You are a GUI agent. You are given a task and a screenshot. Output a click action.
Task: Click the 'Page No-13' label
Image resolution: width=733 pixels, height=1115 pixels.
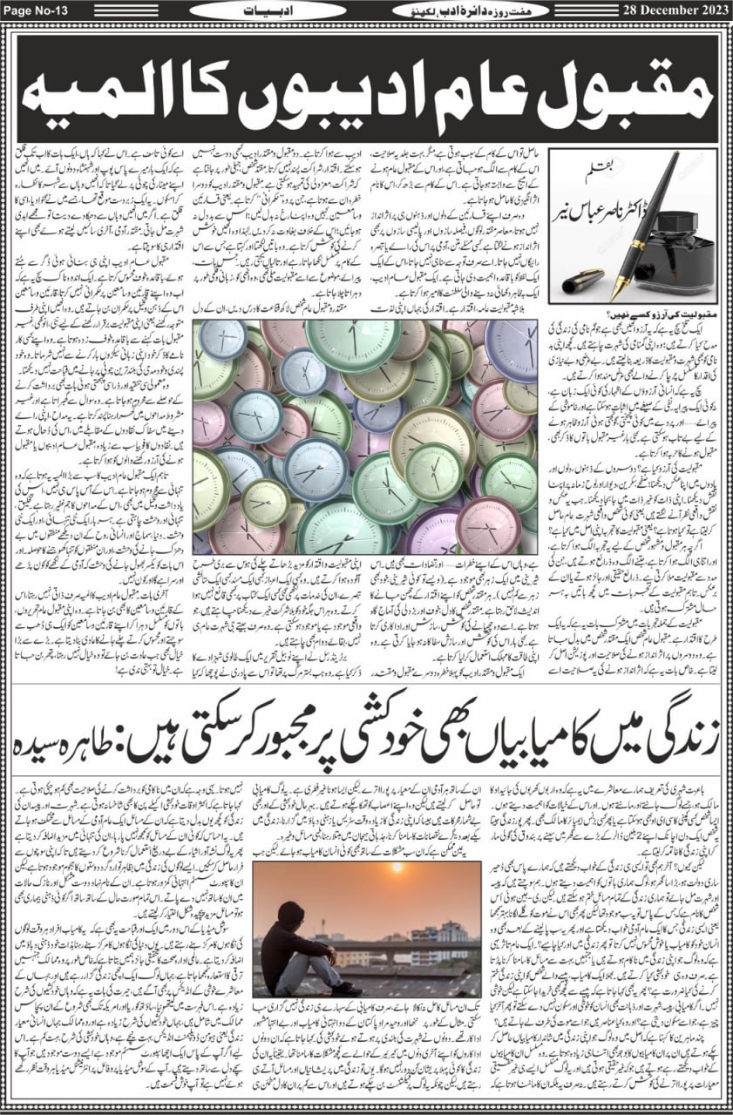(36, 10)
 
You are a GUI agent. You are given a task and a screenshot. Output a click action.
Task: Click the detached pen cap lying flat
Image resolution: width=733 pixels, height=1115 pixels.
(583, 280)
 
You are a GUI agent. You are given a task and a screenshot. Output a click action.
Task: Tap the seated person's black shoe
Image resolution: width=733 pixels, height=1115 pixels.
(346, 990)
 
